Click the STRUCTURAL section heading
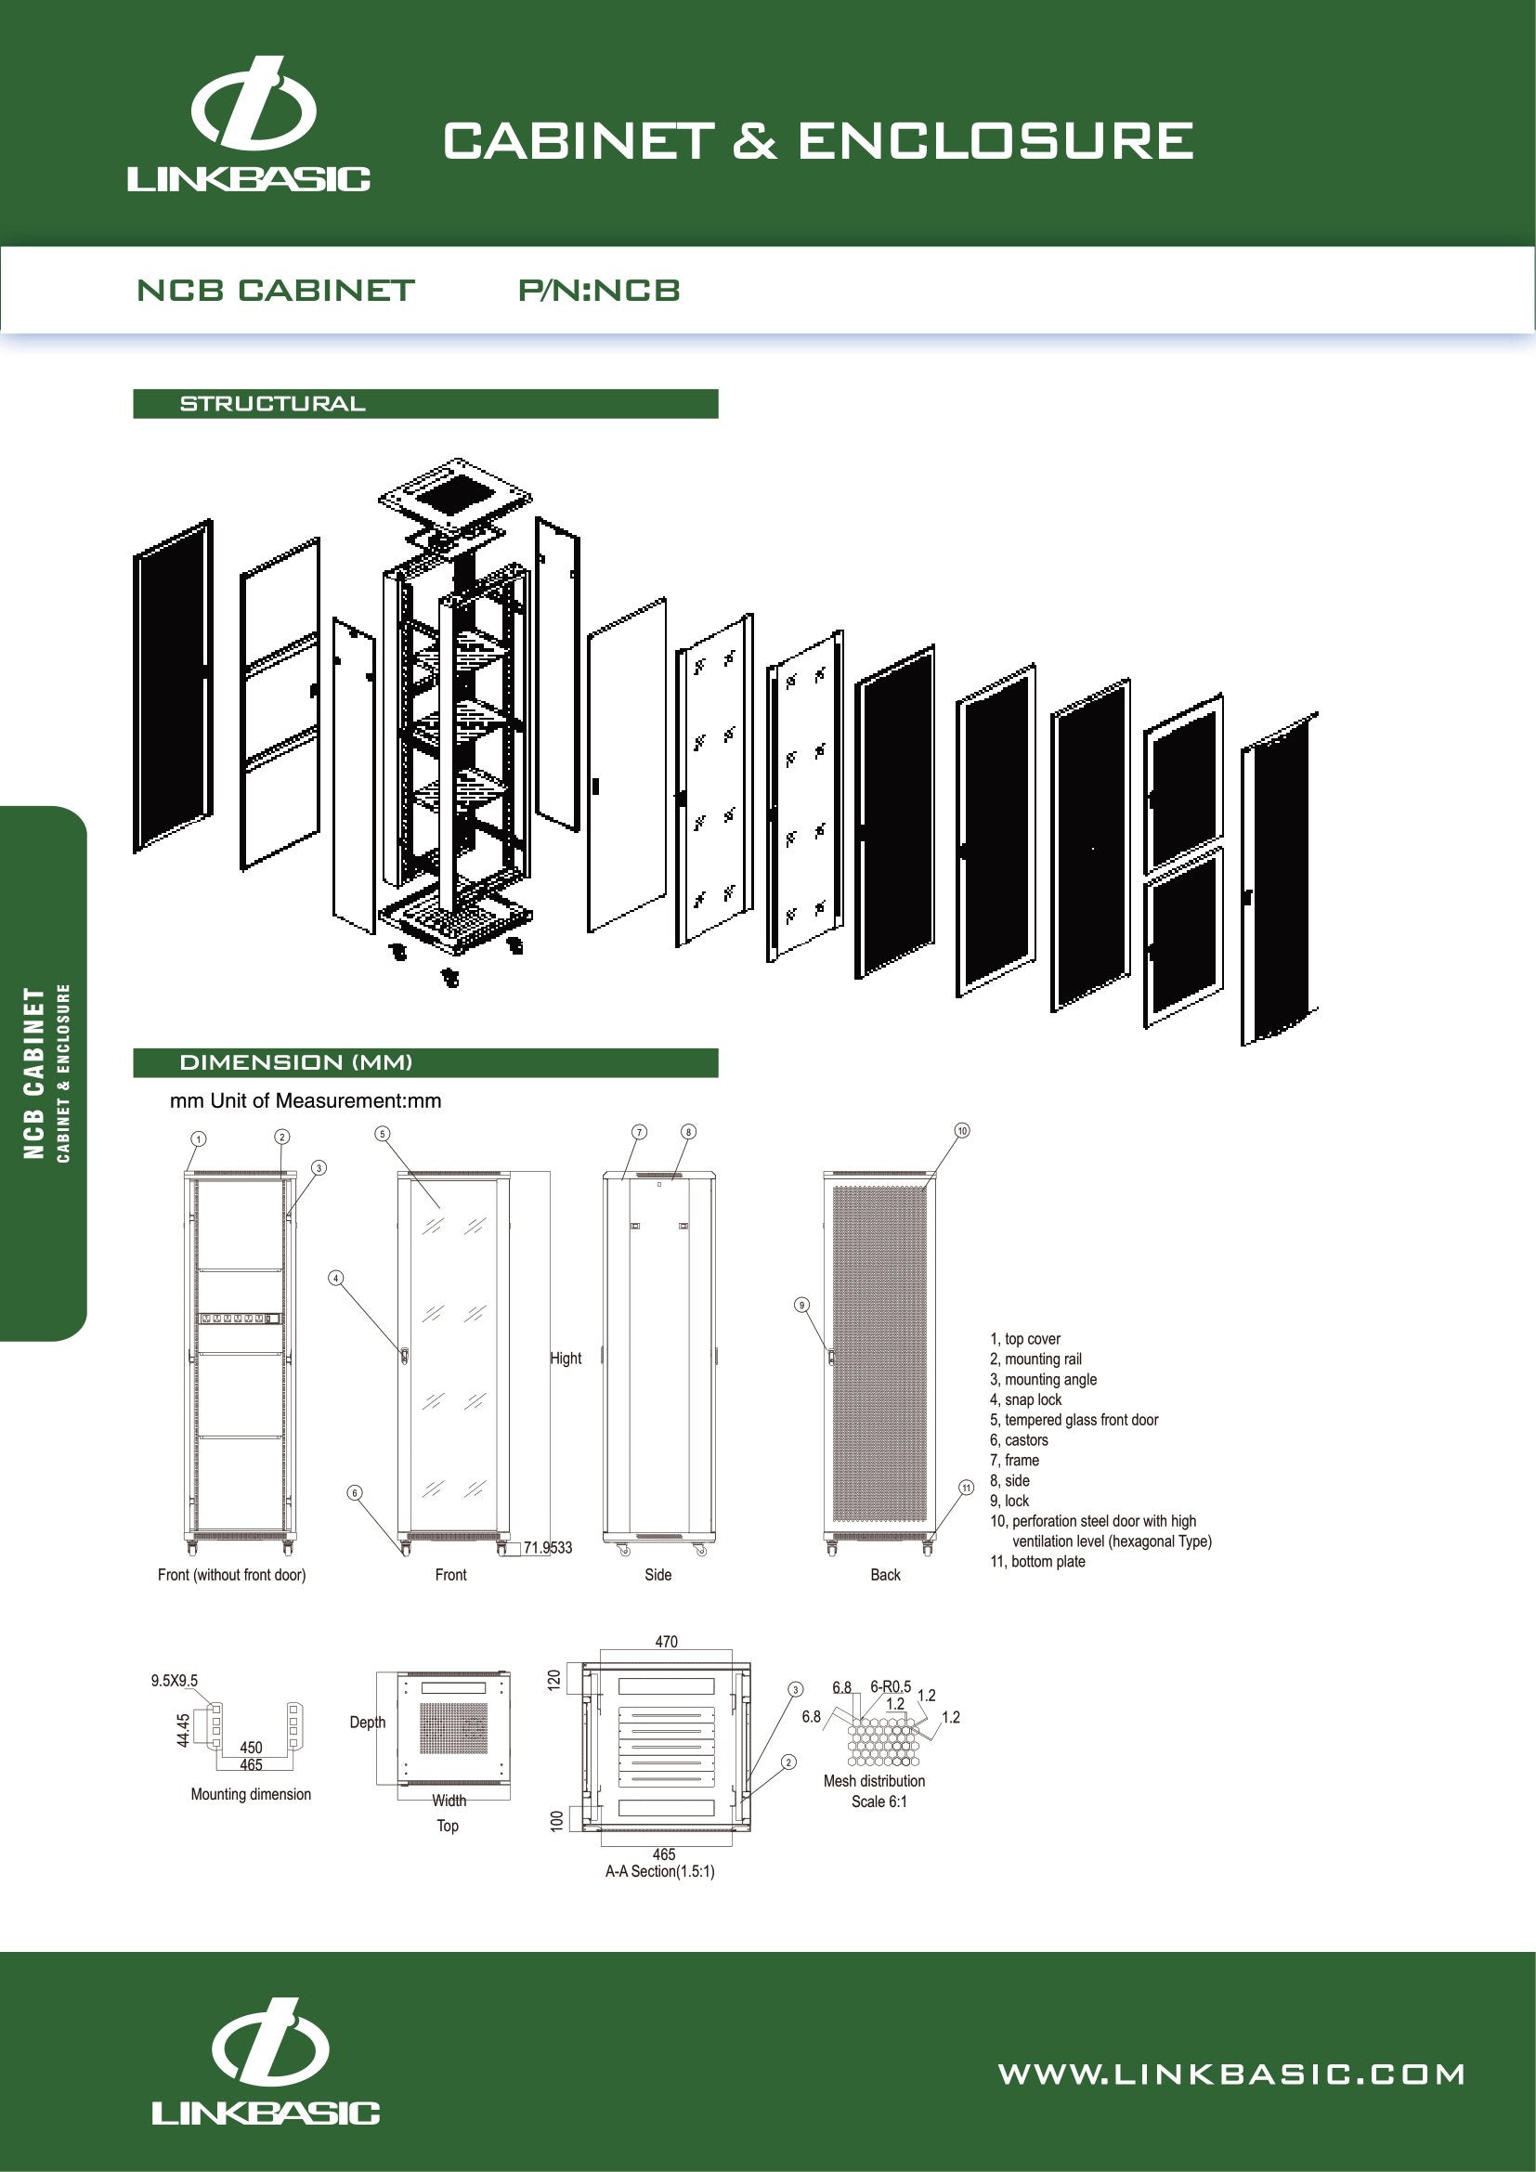[272, 404]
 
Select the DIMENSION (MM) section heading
[296, 1062]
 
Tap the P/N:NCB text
[599, 291]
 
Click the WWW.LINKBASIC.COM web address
[1231, 2074]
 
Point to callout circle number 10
[962, 1130]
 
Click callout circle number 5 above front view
[383, 1133]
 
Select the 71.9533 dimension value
[548, 1548]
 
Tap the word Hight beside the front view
[566, 1359]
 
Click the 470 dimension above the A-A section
[666, 1643]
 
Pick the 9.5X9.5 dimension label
[174, 1681]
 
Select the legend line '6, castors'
[1019, 1440]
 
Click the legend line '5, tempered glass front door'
[1074, 1420]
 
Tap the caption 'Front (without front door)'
[232, 1575]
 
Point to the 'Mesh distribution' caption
[874, 1781]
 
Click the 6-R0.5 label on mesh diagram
[890, 1686]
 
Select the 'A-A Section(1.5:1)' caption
[660, 1871]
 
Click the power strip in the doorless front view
[241, 1318]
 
